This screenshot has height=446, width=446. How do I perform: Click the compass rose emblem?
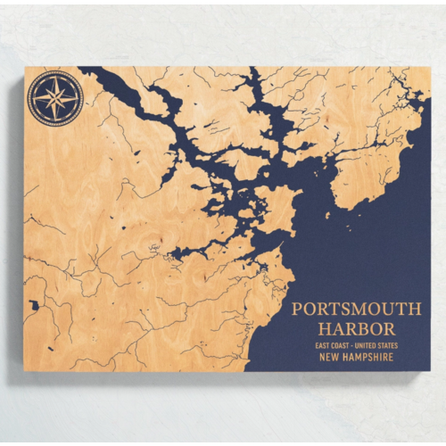pos(55,98)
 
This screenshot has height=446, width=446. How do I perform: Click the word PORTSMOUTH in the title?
pos(357,310)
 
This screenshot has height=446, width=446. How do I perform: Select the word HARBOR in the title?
pos(357,329)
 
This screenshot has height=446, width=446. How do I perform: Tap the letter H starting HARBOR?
pos(324,329)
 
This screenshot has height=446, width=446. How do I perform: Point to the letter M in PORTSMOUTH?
pos(358,310)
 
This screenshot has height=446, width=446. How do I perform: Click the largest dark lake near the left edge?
pos(33,305)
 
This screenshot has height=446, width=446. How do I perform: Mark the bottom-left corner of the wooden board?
pos(25,372)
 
